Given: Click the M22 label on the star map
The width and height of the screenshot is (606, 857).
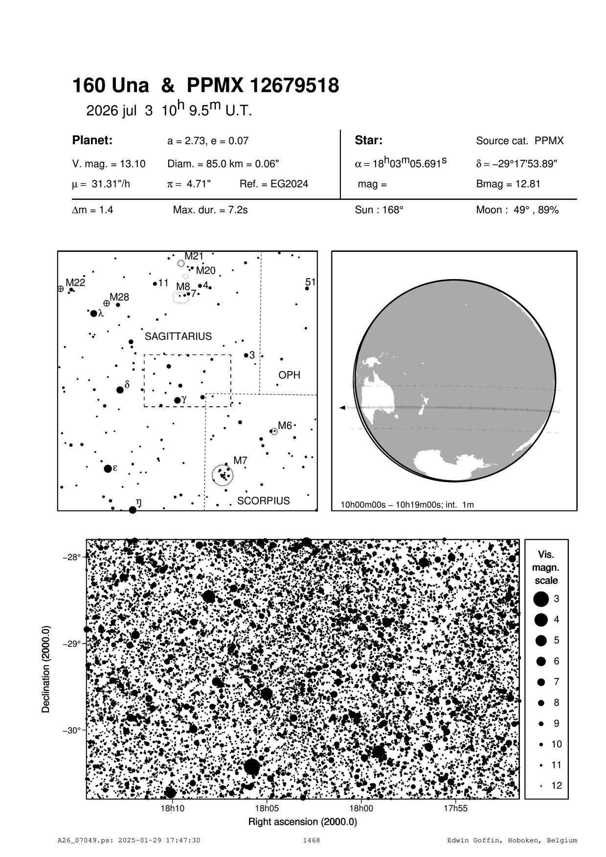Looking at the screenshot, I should [75, 283].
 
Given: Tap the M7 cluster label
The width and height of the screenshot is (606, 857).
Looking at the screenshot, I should [240, 461].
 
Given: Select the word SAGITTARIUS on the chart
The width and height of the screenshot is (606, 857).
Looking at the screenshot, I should [178, 336].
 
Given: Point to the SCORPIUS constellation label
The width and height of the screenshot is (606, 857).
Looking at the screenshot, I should [263, 501].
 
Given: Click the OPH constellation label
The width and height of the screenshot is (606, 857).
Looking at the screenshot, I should [289, 375].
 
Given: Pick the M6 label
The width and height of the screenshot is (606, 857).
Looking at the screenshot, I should [285, 425].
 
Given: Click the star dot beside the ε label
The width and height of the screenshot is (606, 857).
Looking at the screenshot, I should [108, 468].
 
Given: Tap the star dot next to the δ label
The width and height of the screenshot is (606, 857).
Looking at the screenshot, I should [120, 390].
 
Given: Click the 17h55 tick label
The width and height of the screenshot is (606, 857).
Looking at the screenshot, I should [455, 808].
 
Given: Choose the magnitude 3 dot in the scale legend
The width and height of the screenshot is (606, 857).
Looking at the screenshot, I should [541, 599].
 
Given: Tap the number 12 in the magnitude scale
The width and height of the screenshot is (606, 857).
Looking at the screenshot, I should [557, 786].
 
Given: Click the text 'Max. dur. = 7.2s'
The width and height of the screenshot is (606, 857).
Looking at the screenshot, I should [210, 210].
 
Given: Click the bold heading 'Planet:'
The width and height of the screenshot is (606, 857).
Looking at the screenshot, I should [92, 140].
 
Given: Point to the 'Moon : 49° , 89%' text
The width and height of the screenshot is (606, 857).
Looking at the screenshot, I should [517, 210].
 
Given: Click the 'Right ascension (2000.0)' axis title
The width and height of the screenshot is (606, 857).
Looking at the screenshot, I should [303, 822].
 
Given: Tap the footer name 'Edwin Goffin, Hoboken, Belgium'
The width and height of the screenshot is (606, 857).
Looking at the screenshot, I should [512, 840].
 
